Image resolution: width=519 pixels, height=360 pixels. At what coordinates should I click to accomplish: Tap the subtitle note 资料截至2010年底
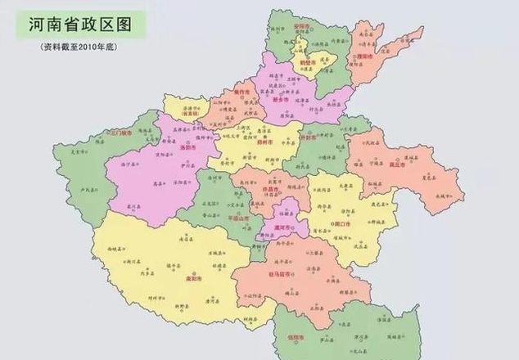tap(80, 47)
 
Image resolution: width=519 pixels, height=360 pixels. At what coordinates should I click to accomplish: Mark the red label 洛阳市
tap(184, 148)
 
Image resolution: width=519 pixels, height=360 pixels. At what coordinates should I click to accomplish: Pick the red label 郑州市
tap(263, 141)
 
